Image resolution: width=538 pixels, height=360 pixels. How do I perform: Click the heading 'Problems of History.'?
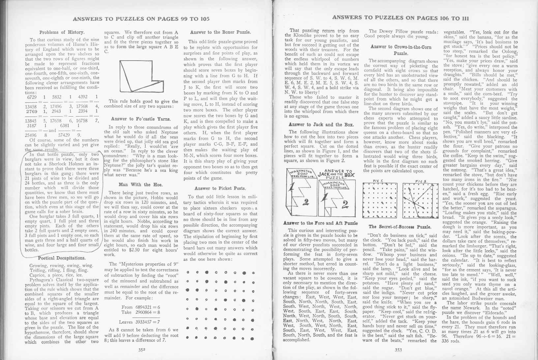[62, 32]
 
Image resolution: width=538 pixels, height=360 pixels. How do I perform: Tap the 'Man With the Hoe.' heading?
[140, 185]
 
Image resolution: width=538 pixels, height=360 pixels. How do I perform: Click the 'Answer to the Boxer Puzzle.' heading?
[221, 32]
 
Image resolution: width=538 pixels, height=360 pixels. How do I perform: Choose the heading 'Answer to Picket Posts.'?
[220, 188]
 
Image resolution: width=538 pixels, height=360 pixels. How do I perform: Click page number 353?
[398, 350]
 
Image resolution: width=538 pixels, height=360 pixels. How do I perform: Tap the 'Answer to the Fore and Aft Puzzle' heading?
[321, 223]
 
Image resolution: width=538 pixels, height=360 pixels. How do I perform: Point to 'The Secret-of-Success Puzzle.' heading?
[400, 227]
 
